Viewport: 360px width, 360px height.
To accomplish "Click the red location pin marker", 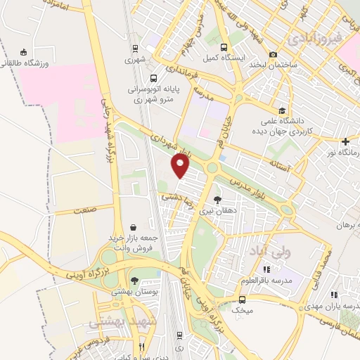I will (x=181, y=166).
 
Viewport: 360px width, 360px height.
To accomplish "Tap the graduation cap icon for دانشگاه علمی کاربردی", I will (x=281, y=110).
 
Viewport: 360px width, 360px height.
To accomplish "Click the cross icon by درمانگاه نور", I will (x=345, y=141).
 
